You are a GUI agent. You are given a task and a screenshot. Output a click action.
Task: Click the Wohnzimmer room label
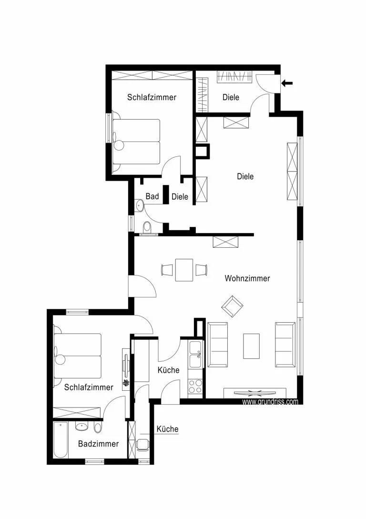(x=247, y=278)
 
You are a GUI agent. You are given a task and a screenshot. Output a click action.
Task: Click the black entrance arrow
(x=287, y=83)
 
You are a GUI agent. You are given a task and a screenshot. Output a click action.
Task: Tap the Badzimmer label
(x=98, y=444)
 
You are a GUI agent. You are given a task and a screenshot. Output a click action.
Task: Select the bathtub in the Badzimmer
(x=61, y=440)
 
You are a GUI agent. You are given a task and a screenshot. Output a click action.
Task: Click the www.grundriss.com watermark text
(x=270, y=402)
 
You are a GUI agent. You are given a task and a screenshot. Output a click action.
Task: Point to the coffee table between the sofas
(x=252, y=346)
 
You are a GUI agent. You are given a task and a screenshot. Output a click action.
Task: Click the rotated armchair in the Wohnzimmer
(x=232, y=306)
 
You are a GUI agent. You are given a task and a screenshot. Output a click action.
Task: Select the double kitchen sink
(x=195, y=355)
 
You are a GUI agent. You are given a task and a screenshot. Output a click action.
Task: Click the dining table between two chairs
(x=184, y=270)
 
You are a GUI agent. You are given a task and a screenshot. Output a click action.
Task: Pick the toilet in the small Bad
(x=147, y=228)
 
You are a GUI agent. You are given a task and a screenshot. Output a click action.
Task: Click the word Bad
(x=152, y=196)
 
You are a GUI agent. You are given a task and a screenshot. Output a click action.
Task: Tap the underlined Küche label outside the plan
(x=167, y=429)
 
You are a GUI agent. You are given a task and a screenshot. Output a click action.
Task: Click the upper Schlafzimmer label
(x=152, y=97)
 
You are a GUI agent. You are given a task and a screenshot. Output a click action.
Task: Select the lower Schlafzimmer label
(x=89, y=387)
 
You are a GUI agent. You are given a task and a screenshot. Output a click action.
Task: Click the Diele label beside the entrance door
(x=231, y=97)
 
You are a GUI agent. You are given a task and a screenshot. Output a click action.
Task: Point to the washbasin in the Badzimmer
(x=82, y=427)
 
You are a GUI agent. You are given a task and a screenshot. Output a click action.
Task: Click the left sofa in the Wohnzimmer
(x=218, y=345)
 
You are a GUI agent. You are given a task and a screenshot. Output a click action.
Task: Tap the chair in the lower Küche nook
(x=143, y=444)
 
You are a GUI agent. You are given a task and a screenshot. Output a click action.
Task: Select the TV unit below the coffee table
(x=255, y=393)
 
